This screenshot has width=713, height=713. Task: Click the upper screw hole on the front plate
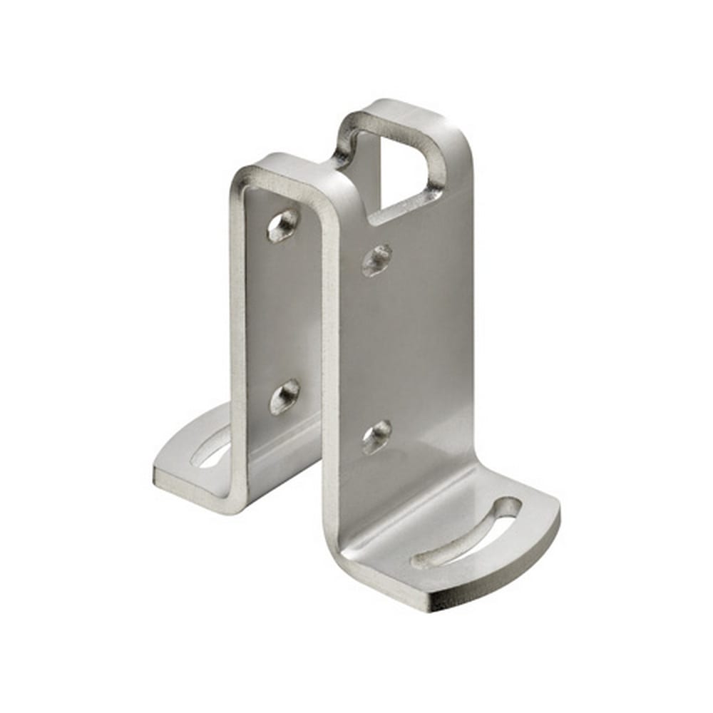376,260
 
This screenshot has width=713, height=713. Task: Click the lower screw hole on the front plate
376,436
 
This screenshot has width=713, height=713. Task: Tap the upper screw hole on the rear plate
283,225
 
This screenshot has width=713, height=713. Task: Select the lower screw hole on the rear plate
284,396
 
